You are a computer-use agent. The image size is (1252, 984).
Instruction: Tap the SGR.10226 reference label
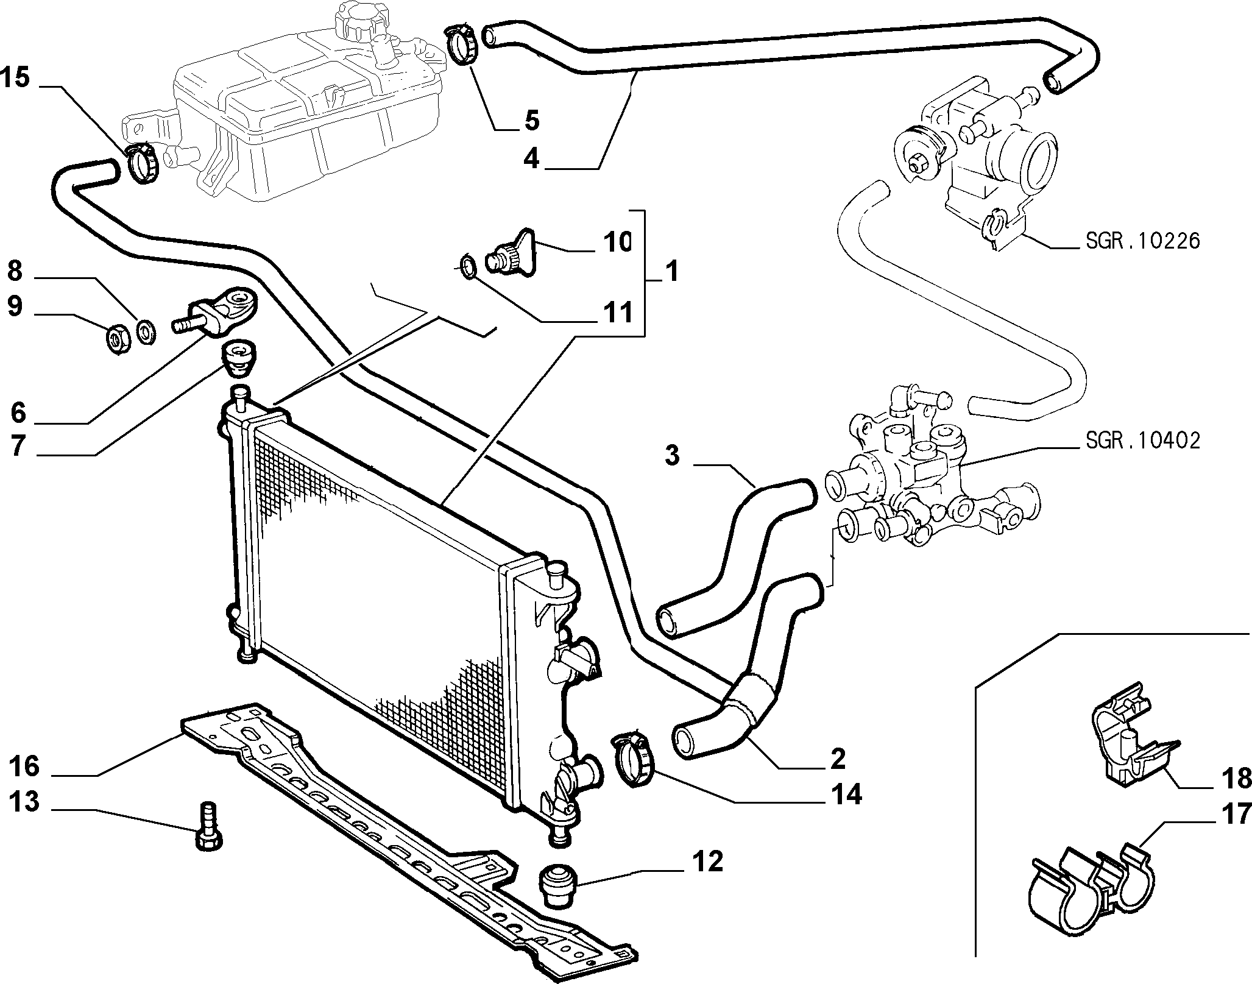pos(1142,241)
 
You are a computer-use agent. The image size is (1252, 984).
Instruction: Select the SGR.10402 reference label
pos(1142,441)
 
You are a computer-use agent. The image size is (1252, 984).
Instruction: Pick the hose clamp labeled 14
pos(632,759)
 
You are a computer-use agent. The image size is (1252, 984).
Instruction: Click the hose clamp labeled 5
pos(464,39)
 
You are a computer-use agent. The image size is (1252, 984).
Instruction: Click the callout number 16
pos(24,766)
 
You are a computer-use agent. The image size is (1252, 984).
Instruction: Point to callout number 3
pos(671,455)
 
